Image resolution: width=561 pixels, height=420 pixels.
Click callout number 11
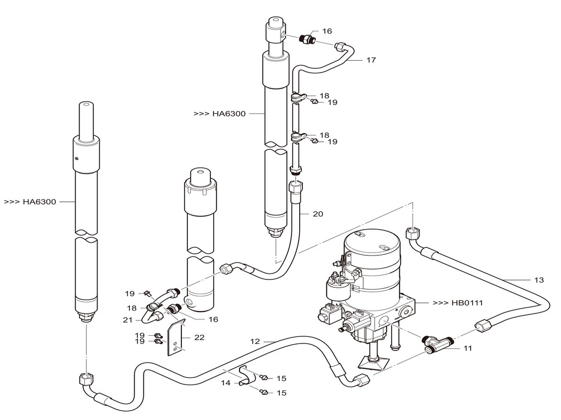(467, 348)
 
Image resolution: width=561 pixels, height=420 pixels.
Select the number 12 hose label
(255, 341)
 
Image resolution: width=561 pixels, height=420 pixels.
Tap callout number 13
(539, 280)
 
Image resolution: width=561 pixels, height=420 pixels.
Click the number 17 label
(371, 60)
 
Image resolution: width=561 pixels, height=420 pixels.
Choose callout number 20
(318, 214)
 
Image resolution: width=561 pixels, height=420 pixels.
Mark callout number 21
(128, 320)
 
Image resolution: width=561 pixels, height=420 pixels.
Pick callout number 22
(199, 337)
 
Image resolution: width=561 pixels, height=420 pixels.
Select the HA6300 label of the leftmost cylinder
(30, 202)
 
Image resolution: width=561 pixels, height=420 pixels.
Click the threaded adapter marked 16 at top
(306, 39)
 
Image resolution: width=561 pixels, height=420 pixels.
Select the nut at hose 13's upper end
(412, 233)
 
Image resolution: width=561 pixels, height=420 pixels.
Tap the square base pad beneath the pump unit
(373, 363)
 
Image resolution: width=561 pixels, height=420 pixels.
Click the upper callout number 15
(281, 378)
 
